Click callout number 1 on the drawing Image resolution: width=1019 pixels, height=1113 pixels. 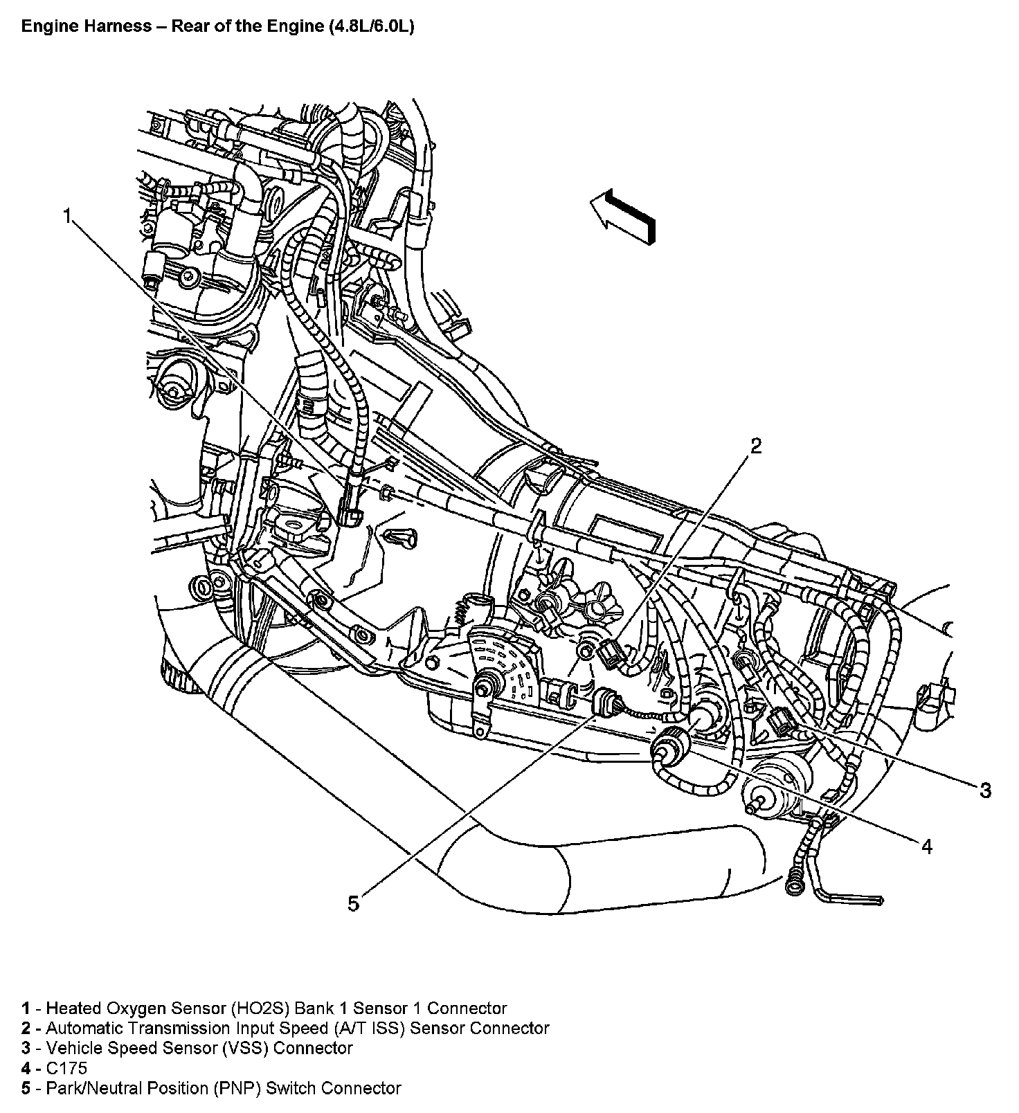point(67,217)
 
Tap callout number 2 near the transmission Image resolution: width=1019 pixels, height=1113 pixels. point(756,446)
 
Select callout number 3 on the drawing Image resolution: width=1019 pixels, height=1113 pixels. point(984,790)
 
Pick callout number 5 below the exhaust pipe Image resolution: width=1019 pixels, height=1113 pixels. point(353,903)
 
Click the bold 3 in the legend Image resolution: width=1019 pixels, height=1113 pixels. point(26,1048)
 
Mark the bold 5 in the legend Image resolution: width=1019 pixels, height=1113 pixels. point(26,1088)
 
